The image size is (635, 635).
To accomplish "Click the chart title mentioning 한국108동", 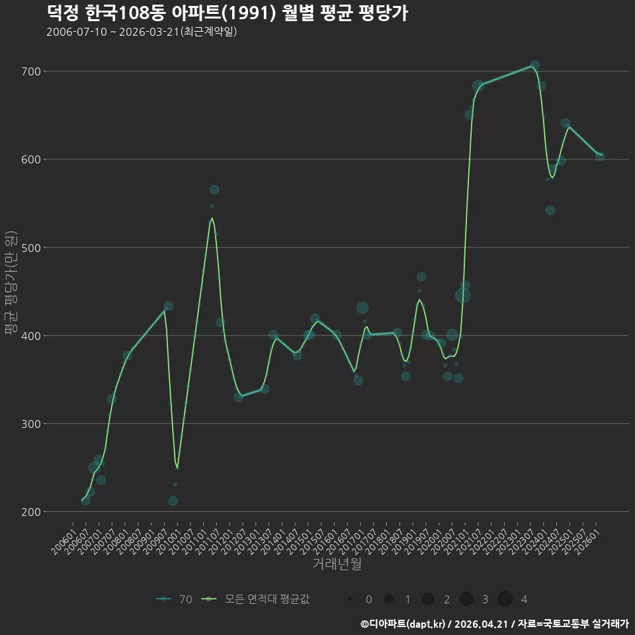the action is [x=227, y=13].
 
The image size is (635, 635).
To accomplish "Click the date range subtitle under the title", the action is [x=142, y=32].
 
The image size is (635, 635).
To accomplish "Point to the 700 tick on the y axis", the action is [x=31, y=71].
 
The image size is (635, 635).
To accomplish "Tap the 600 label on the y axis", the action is [x=31, y=159].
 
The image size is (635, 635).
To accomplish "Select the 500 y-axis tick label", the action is [x=31, y=248].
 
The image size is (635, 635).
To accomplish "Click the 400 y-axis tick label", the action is [x=31, y=336].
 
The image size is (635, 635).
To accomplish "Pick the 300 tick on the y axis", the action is [x=31, y=424].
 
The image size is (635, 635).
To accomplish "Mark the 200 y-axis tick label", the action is [x=31, y=512].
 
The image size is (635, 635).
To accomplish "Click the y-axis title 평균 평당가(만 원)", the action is [x=11, y=282].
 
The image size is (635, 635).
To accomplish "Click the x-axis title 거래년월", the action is [x=337, y=564].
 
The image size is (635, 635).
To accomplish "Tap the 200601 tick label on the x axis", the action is [x=63, y=541].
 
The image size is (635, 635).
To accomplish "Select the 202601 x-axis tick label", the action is [x=587, y=541].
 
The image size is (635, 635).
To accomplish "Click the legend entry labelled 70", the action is [x=174, y=599].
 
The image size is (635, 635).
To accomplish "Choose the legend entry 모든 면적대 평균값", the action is [x=255, y=599].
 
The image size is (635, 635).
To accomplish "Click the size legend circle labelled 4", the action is [x=505, y=599].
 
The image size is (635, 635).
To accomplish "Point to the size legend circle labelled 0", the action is [x=349, y=599].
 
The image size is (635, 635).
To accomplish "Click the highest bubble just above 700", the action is [x=534, y=65].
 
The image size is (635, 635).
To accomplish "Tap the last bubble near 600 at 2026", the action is [x=600, y=156].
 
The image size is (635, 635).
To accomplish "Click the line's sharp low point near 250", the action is [x=177, y=468].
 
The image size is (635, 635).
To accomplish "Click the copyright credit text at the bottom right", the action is [x=495, y=624].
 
